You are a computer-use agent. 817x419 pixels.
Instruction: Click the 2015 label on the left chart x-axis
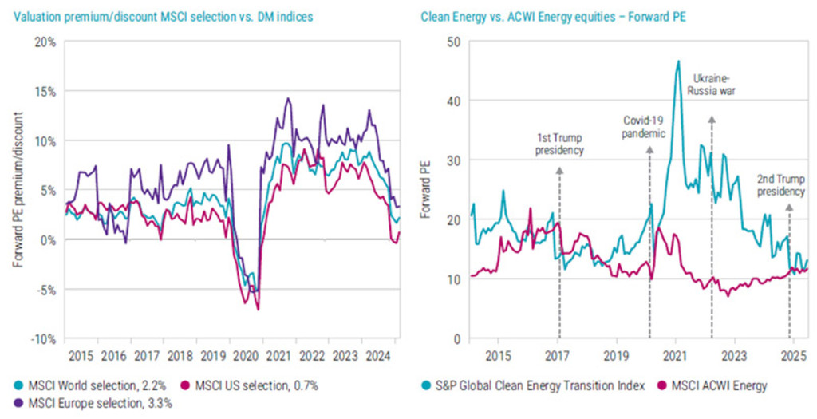point(78,354)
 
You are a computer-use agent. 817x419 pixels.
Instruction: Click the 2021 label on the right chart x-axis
point(676,354)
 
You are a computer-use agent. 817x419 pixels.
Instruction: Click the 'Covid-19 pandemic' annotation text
point(644,127)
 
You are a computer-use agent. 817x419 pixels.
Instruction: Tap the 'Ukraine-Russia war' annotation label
point(712,85)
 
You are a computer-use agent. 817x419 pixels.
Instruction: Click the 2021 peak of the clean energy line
point(678,61)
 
